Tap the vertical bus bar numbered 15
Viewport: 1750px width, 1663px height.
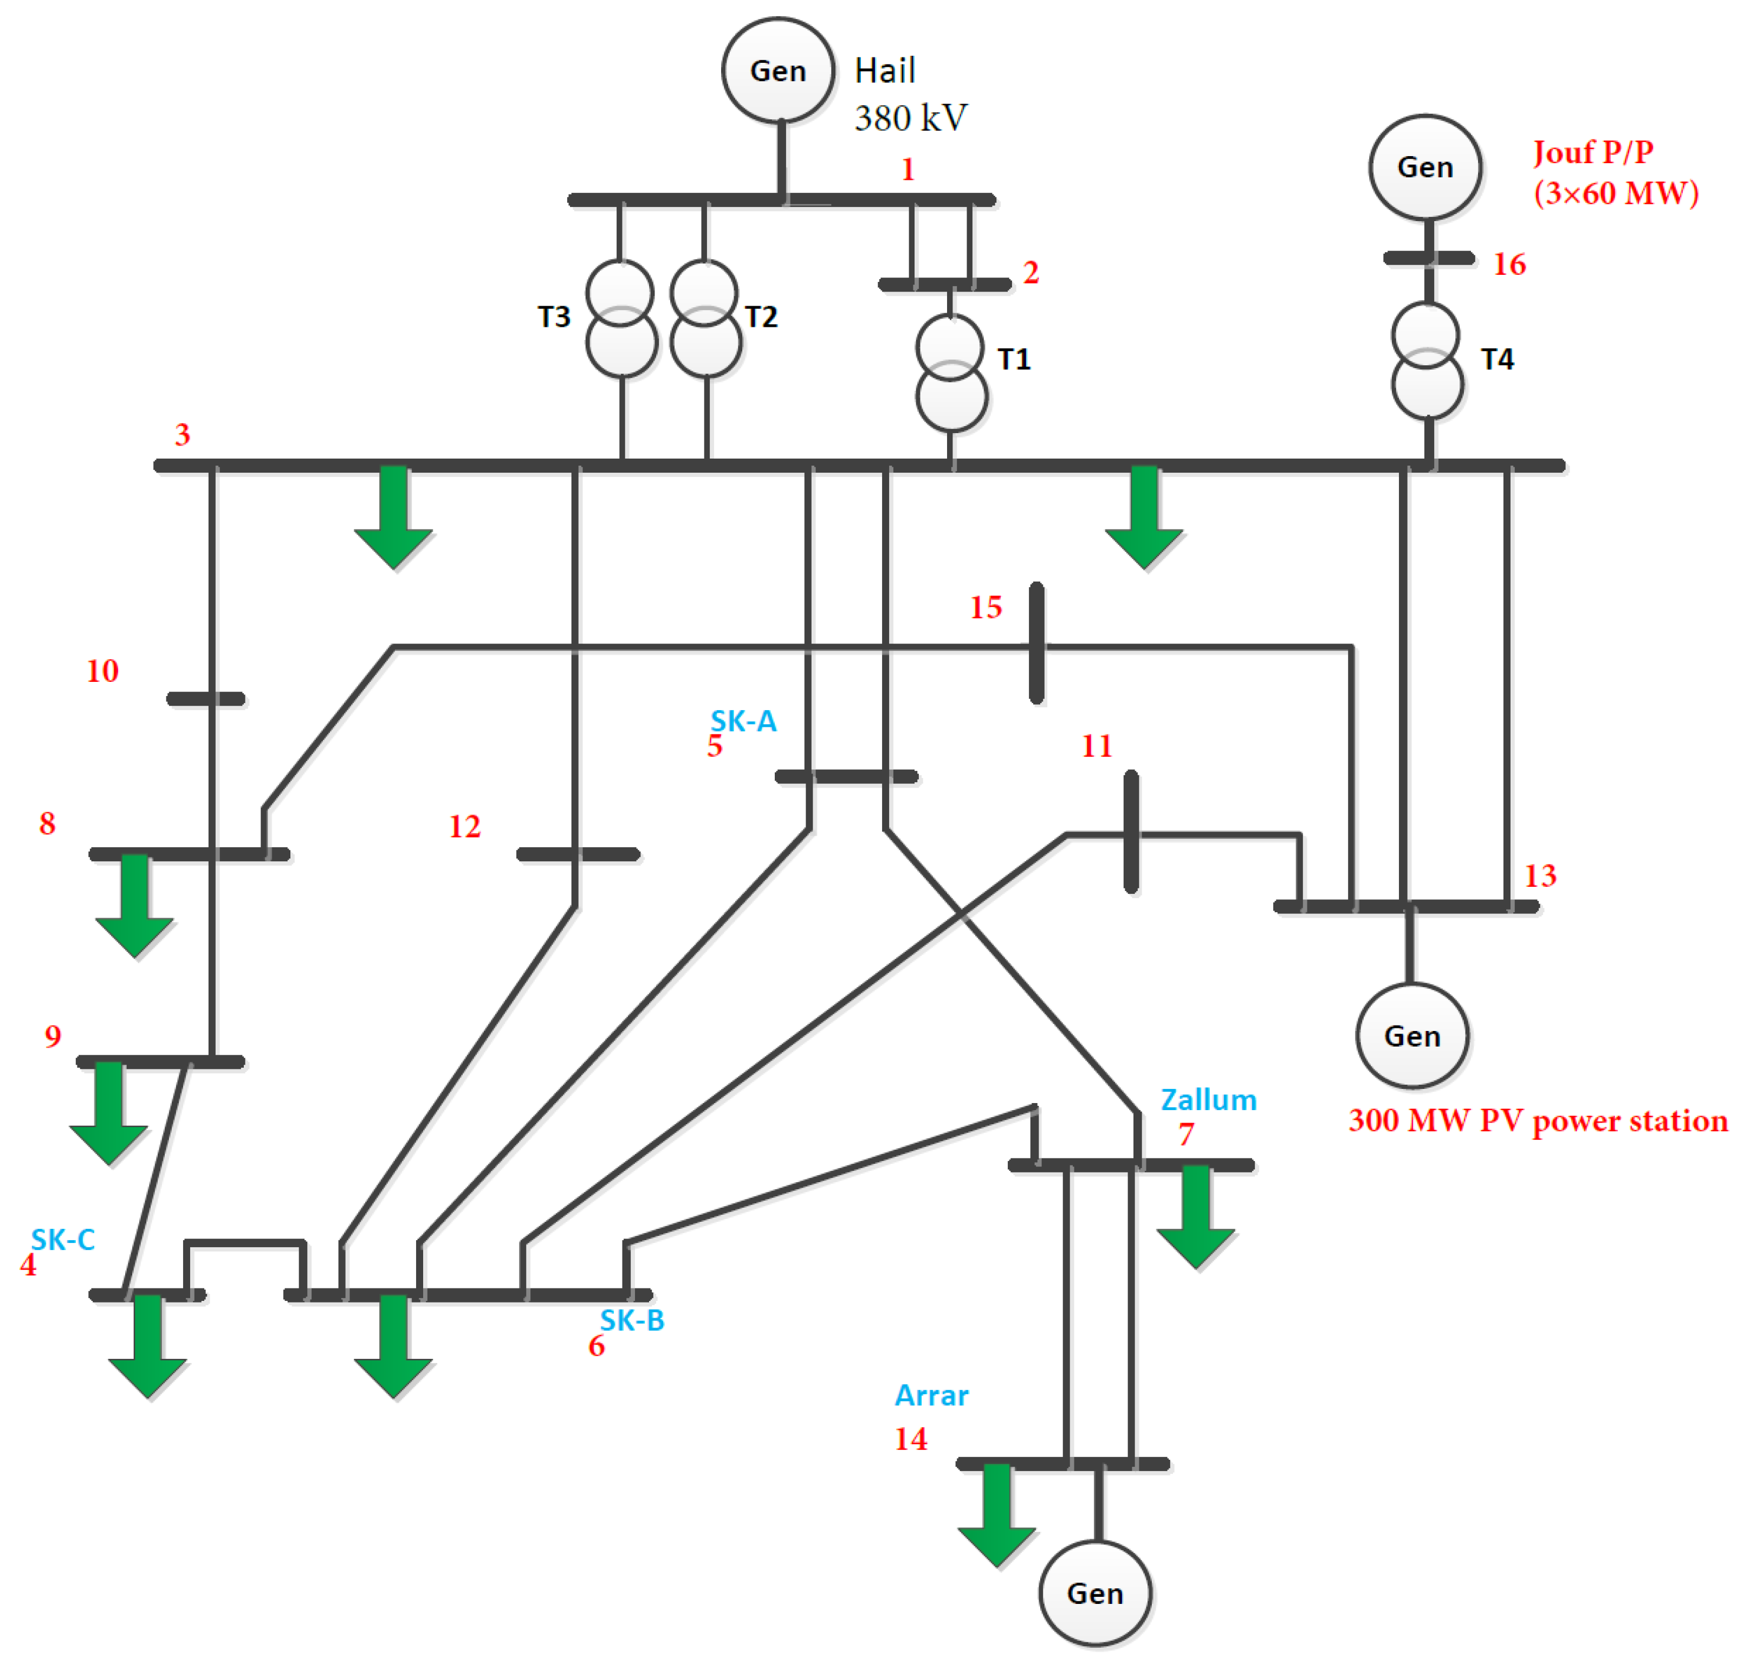tap(1036, 643)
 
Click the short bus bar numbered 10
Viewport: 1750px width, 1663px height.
tap(205, 699)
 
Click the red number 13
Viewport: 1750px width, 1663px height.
tap(1539, 876)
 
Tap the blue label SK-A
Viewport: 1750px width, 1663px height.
tap(743, 721)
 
